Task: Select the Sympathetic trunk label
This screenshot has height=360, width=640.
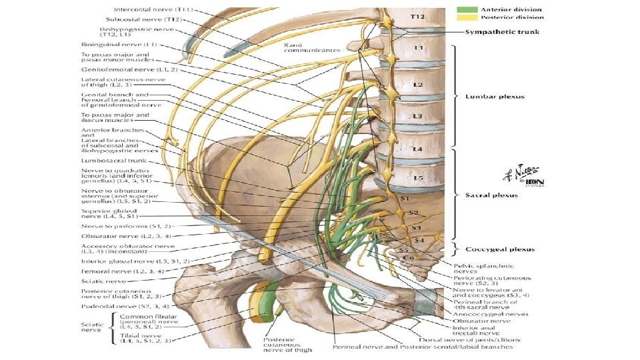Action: click(x=494, y=31)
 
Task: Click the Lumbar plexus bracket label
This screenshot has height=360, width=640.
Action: click(x=495, y=97)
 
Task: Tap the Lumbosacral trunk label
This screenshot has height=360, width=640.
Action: click(x=108, y=161)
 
